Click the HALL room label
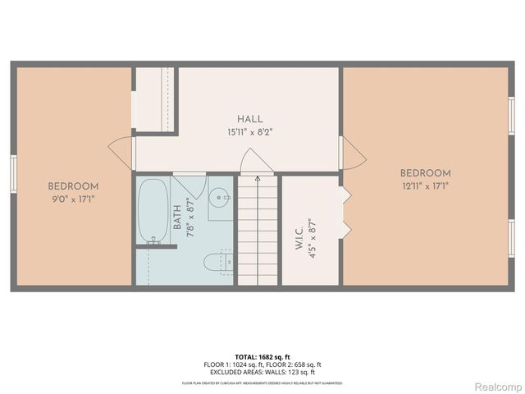(250, 119)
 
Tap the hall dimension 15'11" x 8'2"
(250, 131)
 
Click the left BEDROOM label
(73, 186)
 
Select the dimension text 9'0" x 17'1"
(73, 199)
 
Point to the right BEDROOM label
(425, 173)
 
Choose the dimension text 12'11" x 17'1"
(425, 186)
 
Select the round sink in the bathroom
(217, 198)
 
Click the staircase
(259, 234)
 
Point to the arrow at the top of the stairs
(258, 177)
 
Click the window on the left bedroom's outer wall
(13, 174)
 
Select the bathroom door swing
(185, 184)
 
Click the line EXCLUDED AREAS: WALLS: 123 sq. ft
(262, 372)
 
